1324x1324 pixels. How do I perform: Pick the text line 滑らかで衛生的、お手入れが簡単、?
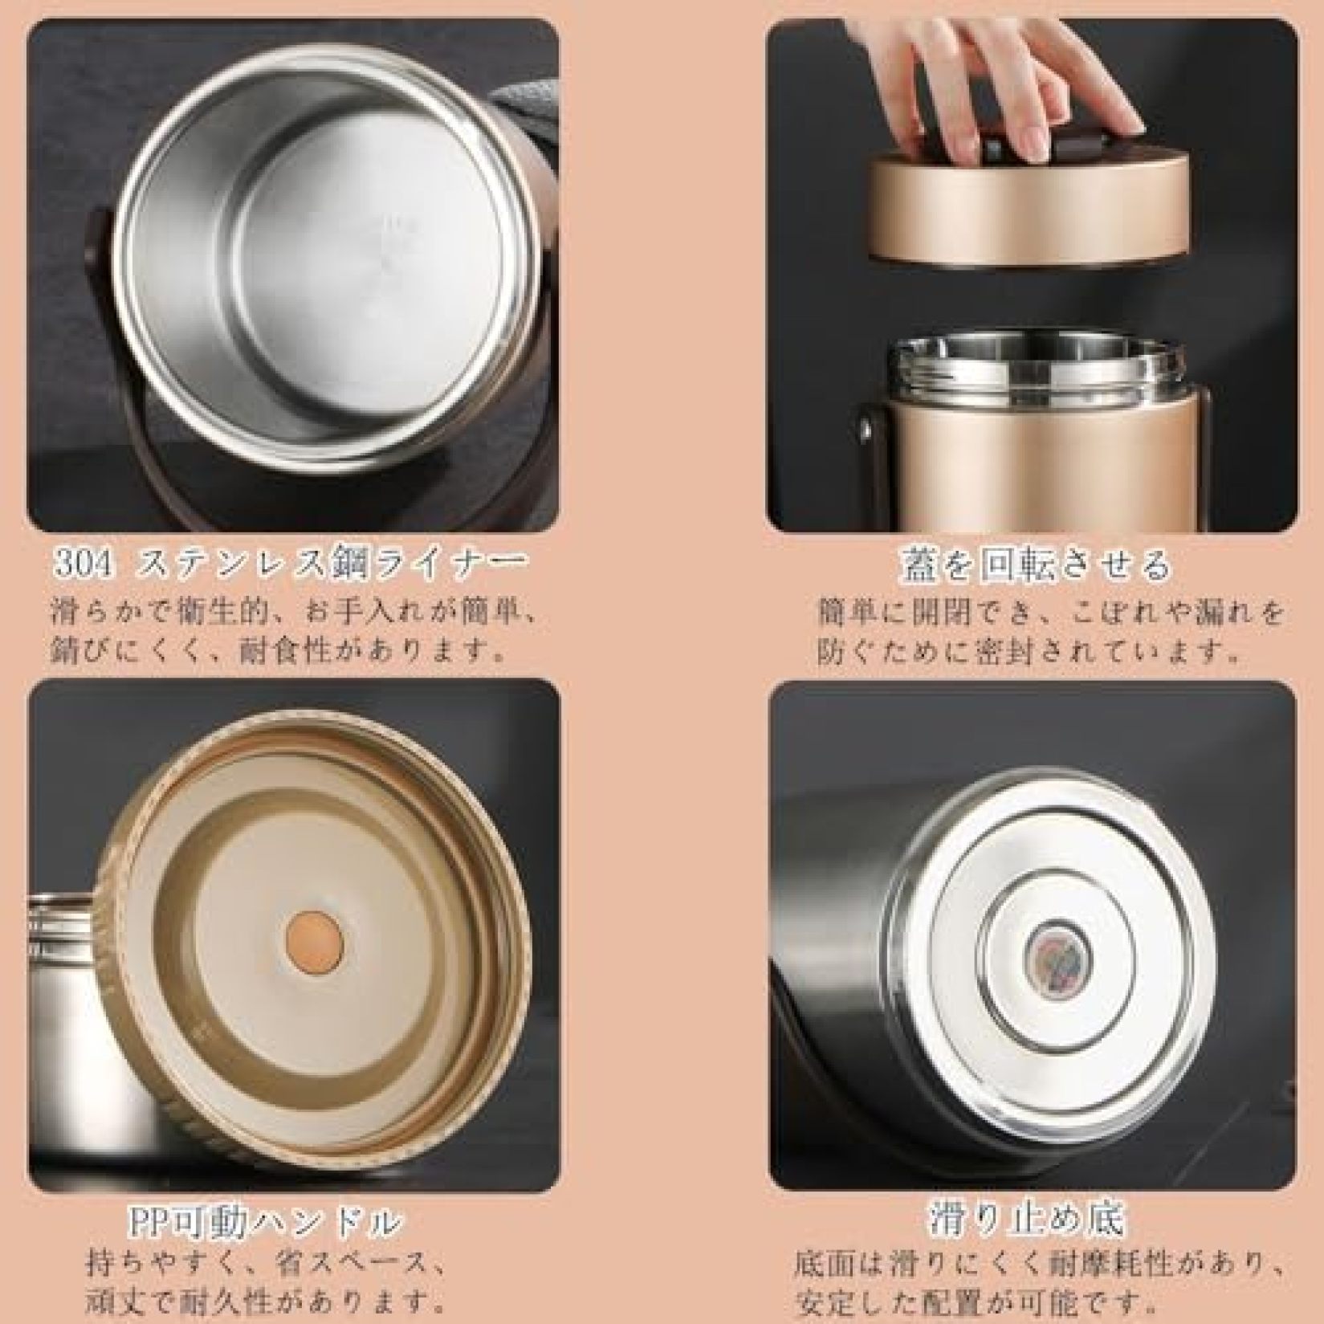(x=292, y=613)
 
